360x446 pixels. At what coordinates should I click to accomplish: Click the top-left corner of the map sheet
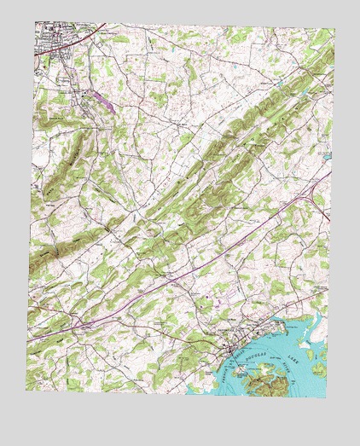35,22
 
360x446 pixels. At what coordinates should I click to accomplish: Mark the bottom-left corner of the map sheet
26,391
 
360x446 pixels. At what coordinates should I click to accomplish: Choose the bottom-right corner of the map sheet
326,397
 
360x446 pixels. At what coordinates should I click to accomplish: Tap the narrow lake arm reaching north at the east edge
317,320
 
